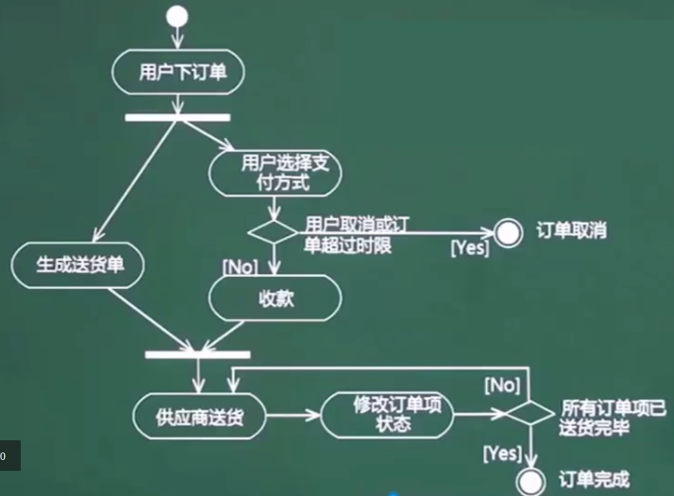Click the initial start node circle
click(177, 17)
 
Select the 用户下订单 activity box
click(178, 73)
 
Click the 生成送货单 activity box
click(78, 266)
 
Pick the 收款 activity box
click(275, 298)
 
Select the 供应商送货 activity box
click(200, 417)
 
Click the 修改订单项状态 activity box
click(387, 416)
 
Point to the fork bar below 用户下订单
click(178, 117)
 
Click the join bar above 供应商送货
click(197, 354)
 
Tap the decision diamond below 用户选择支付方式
click(273, 233)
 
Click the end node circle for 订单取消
click(509, 233)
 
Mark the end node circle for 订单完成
click(530, 480)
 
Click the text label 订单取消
click(571, 231)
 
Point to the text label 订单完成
click(594, 478)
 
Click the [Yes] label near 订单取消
click(470, 248)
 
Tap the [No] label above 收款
click(240, 266)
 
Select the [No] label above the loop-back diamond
click(502, 385)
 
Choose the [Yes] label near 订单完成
click(502, 454)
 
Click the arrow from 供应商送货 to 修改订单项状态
click(293, 416)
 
